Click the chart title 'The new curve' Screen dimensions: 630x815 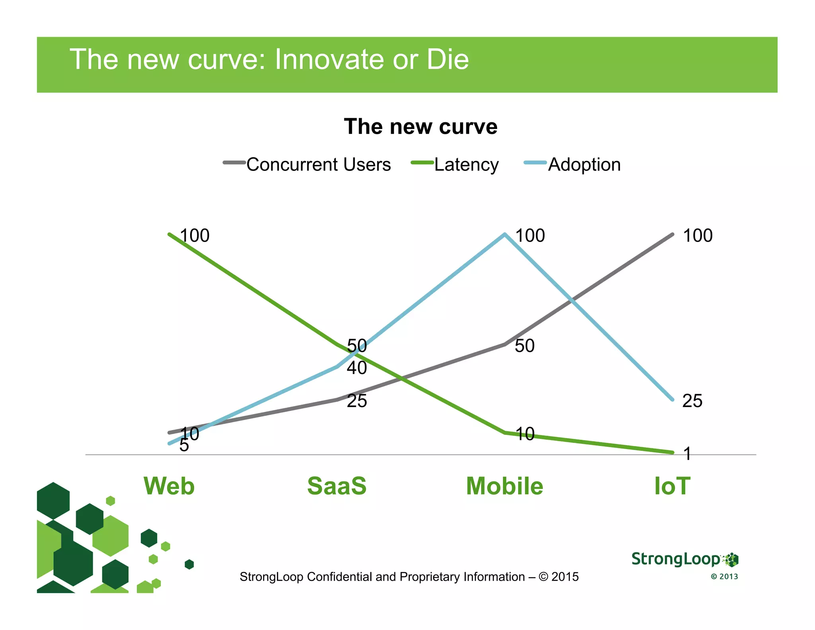coord(421,127)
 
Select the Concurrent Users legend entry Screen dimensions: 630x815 coord(307,164)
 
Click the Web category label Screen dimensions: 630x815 coord(169,486)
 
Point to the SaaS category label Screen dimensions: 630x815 coord(337,486)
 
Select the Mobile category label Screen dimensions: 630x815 coord(505,486)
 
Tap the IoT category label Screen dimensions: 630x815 coord(672,486)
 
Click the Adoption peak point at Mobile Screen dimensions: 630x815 coord(505,235)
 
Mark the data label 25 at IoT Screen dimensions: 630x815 coord(692,401)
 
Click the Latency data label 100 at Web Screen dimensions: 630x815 coord(195,235)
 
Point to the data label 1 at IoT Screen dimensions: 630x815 coord(687,453)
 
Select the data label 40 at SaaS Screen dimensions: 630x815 coord(357,368)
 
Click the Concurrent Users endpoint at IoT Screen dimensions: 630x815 coord(673,235)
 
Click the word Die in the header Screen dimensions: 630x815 coord(448,59)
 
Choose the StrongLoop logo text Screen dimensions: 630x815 coord(676,559)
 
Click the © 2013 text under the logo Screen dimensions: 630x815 coord(724,577)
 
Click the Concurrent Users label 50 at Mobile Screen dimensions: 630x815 coord(524,346)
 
